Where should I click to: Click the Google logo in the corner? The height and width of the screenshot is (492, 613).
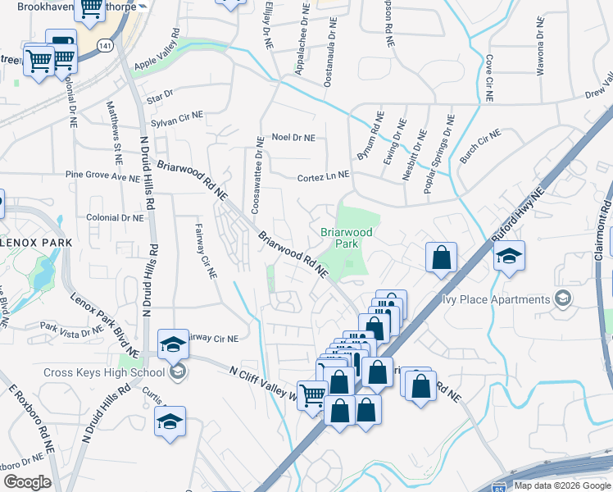click(x=26, y=481)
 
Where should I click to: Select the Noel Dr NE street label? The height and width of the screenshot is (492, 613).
click(x=293, y=139)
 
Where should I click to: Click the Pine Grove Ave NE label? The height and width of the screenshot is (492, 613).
click(x=103, y=176)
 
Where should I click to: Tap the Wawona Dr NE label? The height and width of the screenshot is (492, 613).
click(x=540, y=54)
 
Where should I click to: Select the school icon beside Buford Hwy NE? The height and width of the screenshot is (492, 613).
click(x=509, y=257)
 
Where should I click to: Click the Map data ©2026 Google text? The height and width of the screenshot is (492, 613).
click(x=562, y=485)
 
